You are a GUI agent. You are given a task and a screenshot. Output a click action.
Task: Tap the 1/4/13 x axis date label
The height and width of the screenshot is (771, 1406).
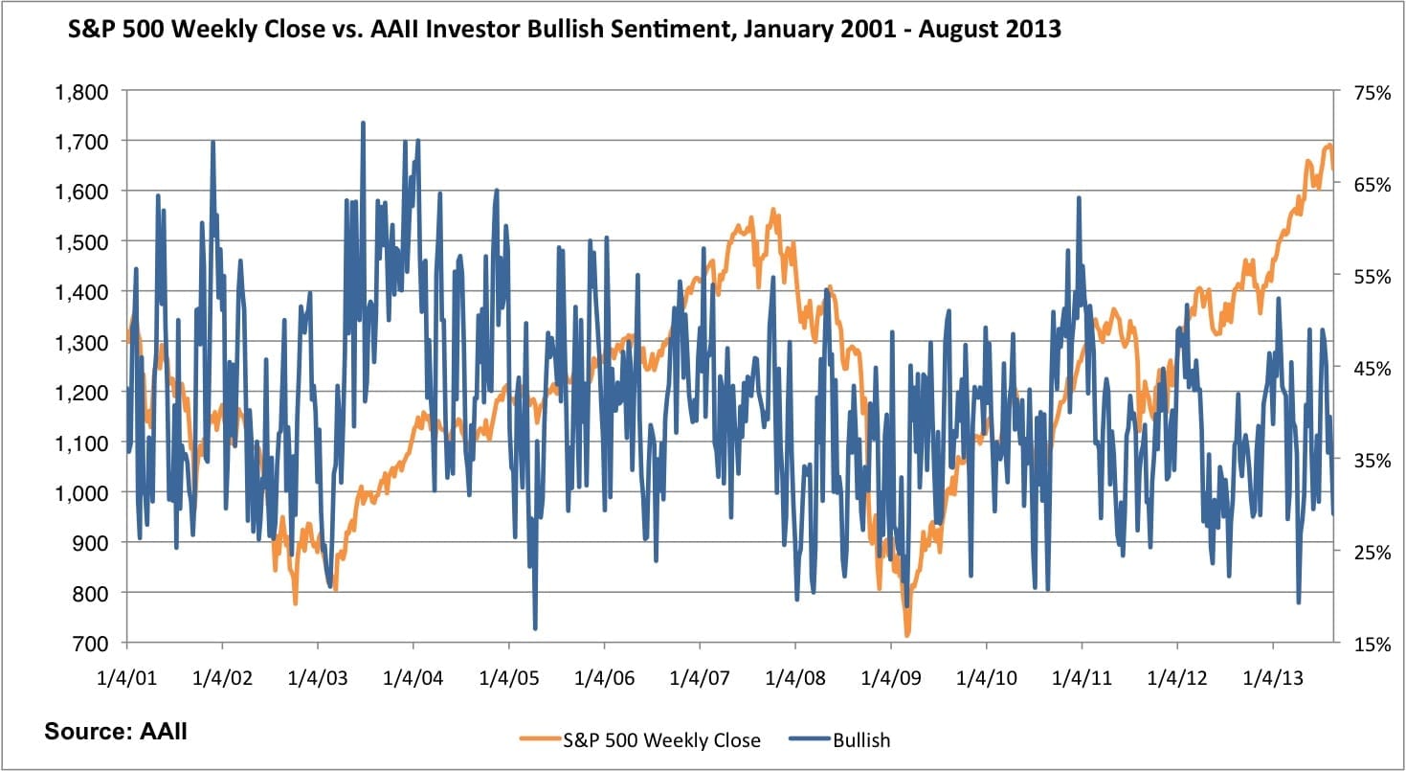point(1272,678)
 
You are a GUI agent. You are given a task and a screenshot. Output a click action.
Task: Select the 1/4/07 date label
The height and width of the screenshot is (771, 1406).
point(700,678)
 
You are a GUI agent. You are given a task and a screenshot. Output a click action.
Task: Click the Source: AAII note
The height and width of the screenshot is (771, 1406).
point(116,733)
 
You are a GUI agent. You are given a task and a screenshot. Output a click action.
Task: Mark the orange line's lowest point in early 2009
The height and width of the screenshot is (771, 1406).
point(906,635)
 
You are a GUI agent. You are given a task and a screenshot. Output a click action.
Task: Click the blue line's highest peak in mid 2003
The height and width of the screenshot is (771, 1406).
point(363,123)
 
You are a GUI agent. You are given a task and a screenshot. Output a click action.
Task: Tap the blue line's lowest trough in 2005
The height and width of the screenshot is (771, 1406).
point(535,628)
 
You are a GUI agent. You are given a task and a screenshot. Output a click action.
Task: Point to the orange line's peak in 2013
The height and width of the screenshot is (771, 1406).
point(1329,145)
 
